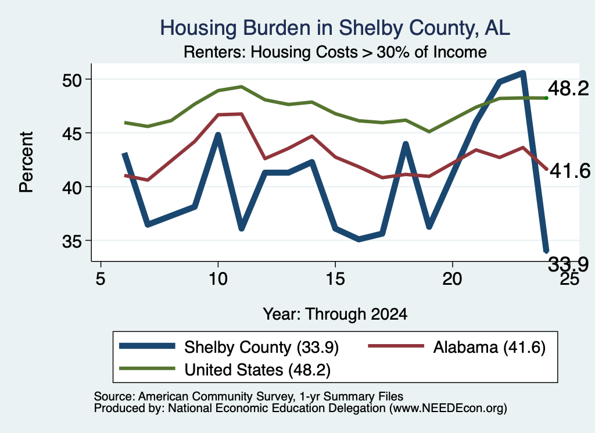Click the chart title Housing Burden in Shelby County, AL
pos(335,28)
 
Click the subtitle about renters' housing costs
pos(335,52)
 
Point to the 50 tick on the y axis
pos(72,80)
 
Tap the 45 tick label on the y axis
pos(72,134)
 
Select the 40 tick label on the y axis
pos(72,188)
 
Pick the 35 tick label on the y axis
pos(72,241)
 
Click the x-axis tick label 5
pos(100,279)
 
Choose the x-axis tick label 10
pos(218,279)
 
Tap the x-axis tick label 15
pos(335,279)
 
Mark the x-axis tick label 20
pos(452,279)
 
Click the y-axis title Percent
pos(26,162)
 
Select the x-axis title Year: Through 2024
pos(335,314)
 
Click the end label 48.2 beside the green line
pos(568,89)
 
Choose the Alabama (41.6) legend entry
pos(457,347)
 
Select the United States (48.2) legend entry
pos(225,370)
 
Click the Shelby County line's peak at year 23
pos(523,73)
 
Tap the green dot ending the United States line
pos(546,98)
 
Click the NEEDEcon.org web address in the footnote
pos(448,409)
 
